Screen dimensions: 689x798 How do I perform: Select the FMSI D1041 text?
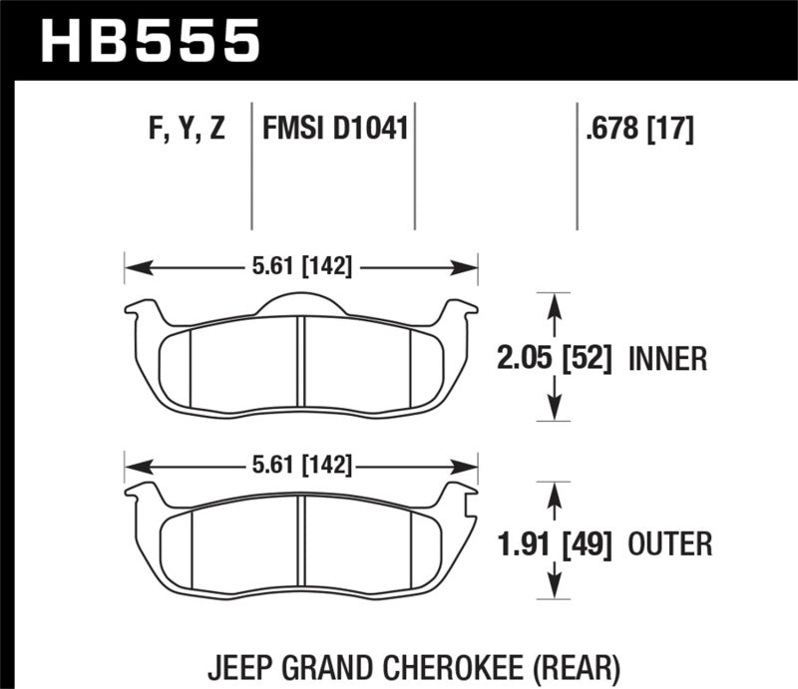[x=335, y=129]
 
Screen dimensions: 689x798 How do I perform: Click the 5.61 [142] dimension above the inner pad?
[x=300, y=266]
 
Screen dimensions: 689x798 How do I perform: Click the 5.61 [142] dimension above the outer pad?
[x=300, y=466]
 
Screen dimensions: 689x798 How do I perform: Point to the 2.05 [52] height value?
[x=555, y=357]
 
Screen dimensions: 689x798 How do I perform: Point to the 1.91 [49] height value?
[x=555, y=543]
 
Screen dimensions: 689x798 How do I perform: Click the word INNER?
[x=667, y=357]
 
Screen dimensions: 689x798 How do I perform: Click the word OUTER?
[x=669, y=543]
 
